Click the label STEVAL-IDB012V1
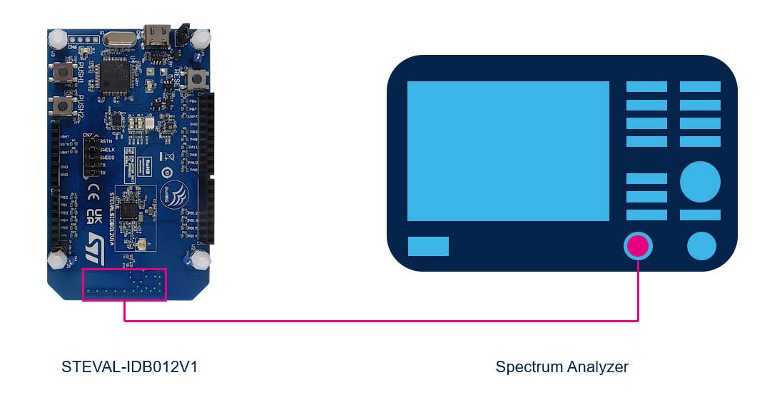(x=129, y=367)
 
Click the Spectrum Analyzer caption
(x=562, y=367)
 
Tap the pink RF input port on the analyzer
(x=638, y=246)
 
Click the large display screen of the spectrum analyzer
(x=508, y=151)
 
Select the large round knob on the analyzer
(x=700, y=181)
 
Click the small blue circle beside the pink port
(x=701, y=246)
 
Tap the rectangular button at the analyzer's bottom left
(x=428, y=246)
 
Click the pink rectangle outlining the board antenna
(x=124, y=284)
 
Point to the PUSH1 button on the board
(x=65, y=73)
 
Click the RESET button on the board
(x=193, y=79)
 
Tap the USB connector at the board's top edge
(x=156, y=34)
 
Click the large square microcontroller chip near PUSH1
(x=116, y=76)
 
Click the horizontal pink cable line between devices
(x=378, y=320)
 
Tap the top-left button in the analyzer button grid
(x=646, y=86)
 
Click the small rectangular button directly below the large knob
(x=700, y=215)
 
